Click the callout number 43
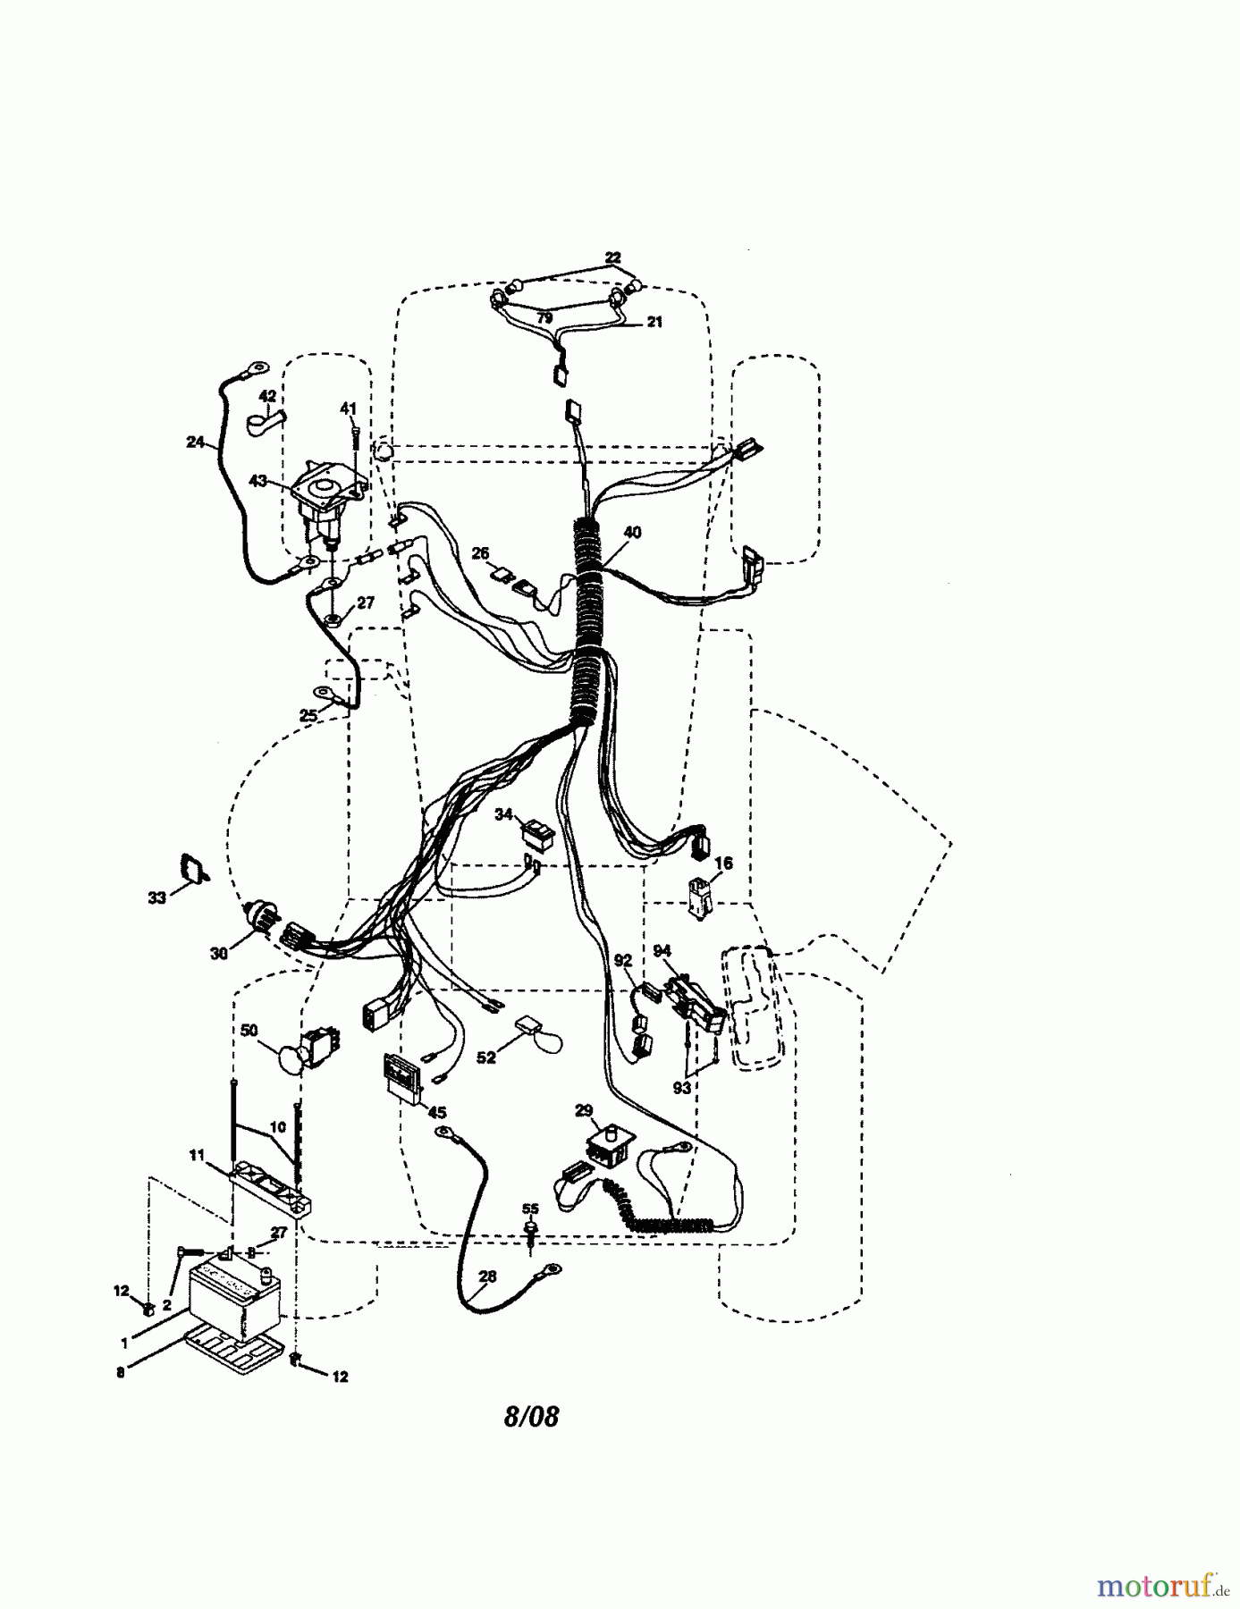pyautogui.click(x=257, y=481)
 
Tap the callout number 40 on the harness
pyautogui.click(x=632, y=533)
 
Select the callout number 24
pyautogui.click(x=195, y=442)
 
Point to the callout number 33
pyautogui.click(x=156, y=897)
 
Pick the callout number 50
pyautogui.click(x=249, y=1031)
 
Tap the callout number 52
pyautogui.click(x=485, y=1057)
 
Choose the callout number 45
pyautogui.click(x=437, y=1113)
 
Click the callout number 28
pyautogui.click(x=486, y=1277)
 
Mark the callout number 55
pyautogui.click(x=530, y=1209)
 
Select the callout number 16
pyautogui.click(x=723, y=863)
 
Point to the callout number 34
pyautogui.click(x=504, y=814)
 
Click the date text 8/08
pyautogui.click(x=532, y=1417)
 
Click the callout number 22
pyautogui.click(x=613, y=258)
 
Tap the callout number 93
pyautogui.click(x=682, y=1088)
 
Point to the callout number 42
pyautogui.click(x=267, y=396)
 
